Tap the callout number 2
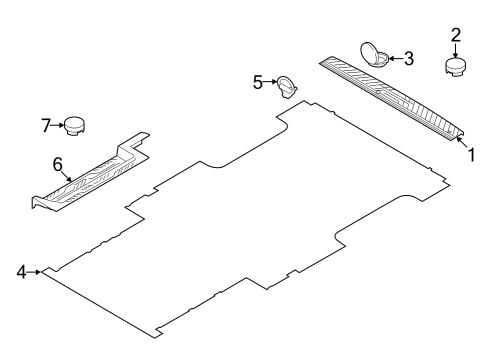point(456,35)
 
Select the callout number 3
point(408,58)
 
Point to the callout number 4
point(21,271)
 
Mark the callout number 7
point(45,125)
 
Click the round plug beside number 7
point(76,126)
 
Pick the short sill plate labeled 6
point(90,175)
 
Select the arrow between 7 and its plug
point(57,125)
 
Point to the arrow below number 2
point(456,50)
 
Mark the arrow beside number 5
point(270,83)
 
